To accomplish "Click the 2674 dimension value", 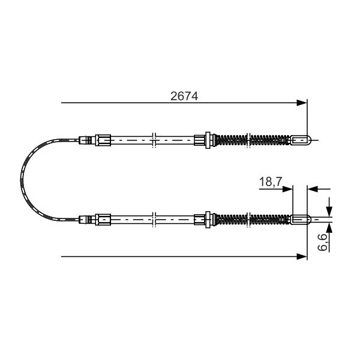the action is coord(184,96).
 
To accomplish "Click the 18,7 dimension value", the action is coord(270,182).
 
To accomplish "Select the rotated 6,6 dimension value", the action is coord(323,242).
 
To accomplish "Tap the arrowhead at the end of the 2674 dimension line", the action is coord(302,103).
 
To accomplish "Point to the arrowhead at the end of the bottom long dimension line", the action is coord(302,256).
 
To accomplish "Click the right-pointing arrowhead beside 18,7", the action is coord(287,189).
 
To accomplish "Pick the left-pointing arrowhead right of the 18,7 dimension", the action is coord(312,189).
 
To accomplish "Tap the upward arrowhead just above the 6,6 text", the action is coord(329,228).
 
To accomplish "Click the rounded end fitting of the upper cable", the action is coord(301,140).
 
